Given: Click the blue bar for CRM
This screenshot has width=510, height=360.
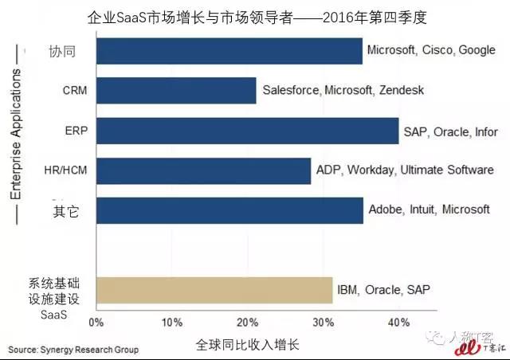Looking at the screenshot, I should click(175, 90).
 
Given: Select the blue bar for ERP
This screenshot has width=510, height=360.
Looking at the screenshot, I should click(246, 131).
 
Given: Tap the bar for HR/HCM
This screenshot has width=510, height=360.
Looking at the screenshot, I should click(202, 170).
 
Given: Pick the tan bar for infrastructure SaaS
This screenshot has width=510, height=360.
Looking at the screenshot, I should click(214, 290).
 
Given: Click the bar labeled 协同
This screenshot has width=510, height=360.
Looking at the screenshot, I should click(229, 50).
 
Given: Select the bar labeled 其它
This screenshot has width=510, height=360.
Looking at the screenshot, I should click(229, 210).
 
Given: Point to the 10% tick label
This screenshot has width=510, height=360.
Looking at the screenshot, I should click(172, 323).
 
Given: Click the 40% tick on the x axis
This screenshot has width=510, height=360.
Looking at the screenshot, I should click(398, 323).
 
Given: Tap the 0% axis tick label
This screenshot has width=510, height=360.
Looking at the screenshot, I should click(96, 323).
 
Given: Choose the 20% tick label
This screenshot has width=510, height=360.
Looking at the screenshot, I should click(248, 323).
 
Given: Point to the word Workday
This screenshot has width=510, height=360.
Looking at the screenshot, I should click(371, 170).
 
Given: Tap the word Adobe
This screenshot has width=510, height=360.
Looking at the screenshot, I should click(386, 210).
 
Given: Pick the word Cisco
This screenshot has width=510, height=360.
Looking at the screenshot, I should click(437, 50).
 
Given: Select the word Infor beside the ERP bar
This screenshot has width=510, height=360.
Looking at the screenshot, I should click(487, 131).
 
